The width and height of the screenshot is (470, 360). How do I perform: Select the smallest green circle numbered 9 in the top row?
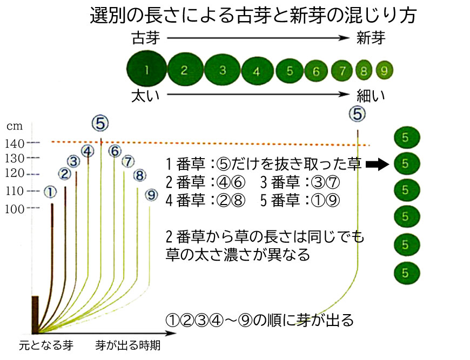(x=385, y=70)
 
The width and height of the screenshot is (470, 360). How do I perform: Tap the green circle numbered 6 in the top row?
(x=316, y=71)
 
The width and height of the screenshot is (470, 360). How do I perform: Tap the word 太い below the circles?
(x=146, y=96)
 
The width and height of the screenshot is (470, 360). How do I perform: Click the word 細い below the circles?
(x=371, y=96)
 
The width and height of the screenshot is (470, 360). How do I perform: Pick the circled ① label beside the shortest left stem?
(x=50, y=192)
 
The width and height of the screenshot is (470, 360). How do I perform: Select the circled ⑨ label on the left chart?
(x=152, y=195)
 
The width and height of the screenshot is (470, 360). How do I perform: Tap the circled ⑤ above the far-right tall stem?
(x=357, y=113)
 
